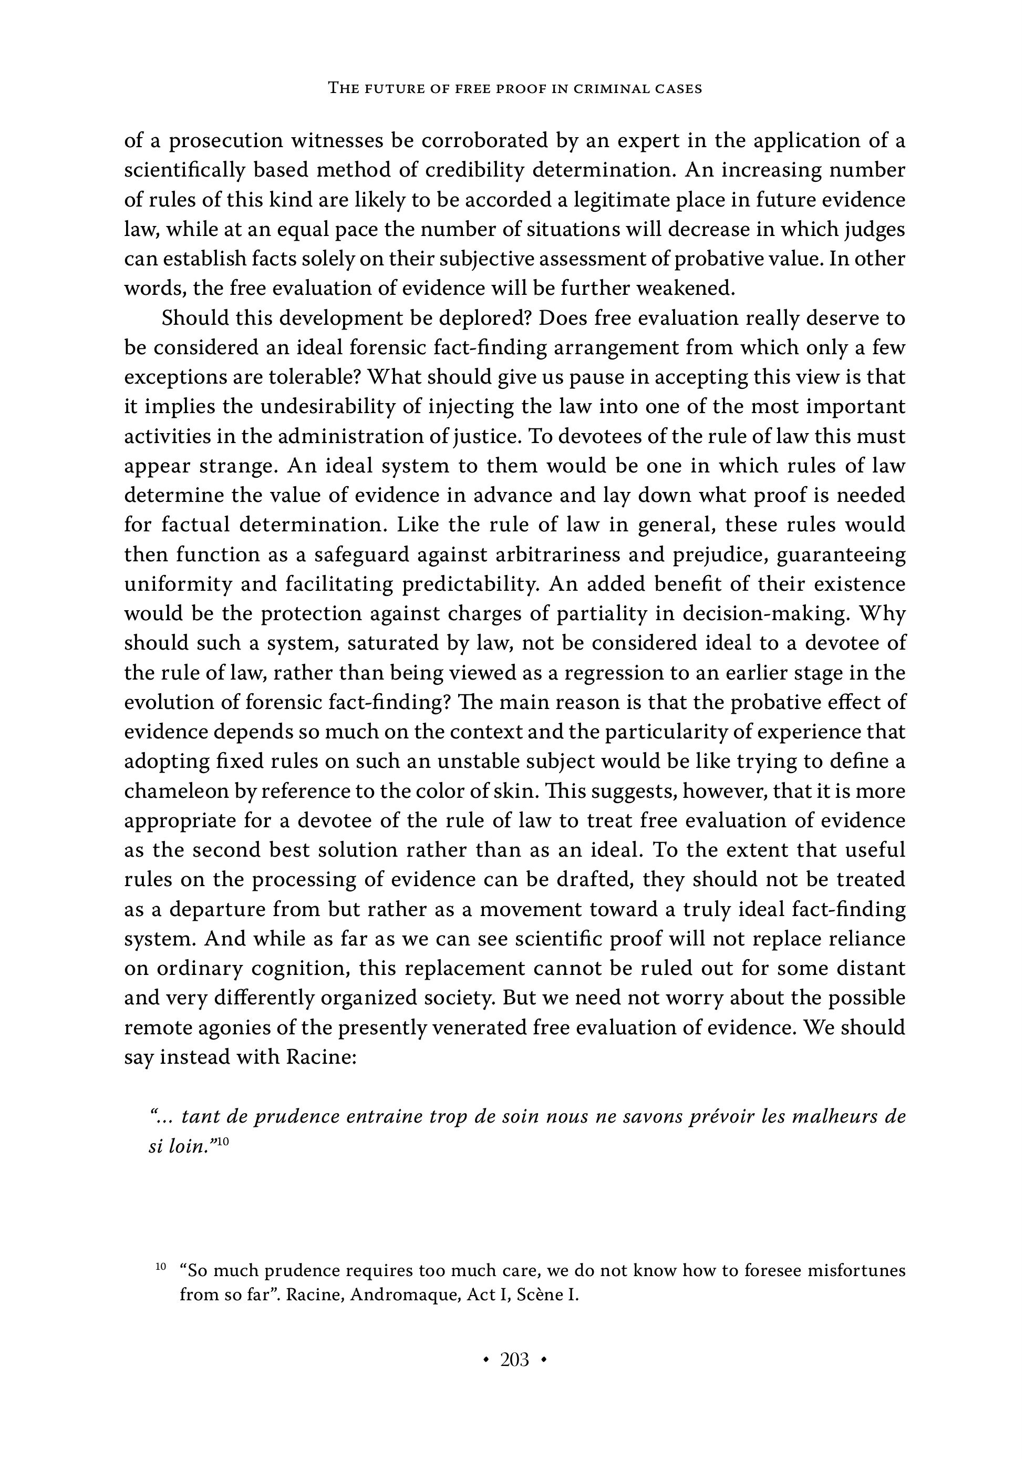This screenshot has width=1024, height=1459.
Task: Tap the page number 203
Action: (514, 1359)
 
